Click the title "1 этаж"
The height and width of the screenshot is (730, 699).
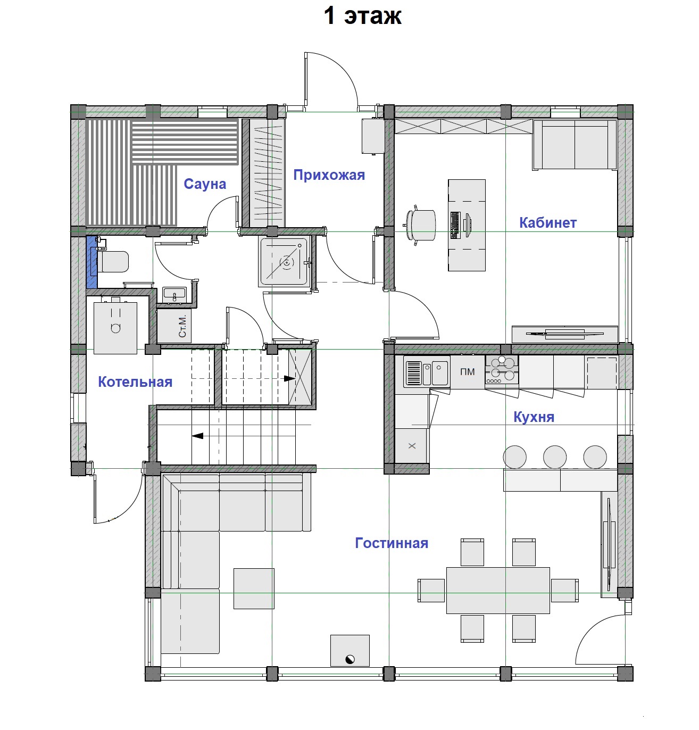(x=362, y=16)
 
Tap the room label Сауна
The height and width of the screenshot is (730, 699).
(x=205, y=184)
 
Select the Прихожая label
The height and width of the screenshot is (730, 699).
(x=329, y=175)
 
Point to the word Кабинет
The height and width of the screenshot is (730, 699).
(x=548, y=223)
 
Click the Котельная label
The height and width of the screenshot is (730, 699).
(x=135, y=382)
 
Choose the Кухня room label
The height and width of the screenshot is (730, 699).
(x=534, y=417)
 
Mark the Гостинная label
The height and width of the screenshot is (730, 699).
(x=392, y=543)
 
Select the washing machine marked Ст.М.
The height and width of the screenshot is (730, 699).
(x=174, y=325)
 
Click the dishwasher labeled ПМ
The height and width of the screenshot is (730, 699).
(x=467, y=372)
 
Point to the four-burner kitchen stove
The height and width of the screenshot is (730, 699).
(x=502, y=370)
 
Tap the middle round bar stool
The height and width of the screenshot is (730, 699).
(x=555, y=457)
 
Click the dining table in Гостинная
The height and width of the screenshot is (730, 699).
(x=498, y=591)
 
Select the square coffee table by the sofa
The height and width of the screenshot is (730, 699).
(x=254, y=588)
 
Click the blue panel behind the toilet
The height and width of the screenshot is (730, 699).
(x=91, y=262)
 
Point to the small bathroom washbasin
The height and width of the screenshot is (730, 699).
(x=174, y=294)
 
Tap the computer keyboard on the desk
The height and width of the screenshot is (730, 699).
(x=455, y=225)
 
